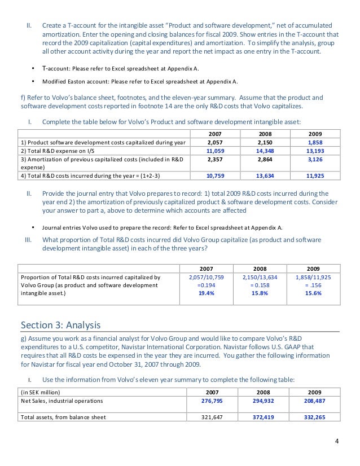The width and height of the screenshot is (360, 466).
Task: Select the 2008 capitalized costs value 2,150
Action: pos(265,143)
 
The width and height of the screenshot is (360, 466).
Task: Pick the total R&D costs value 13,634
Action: pos(265,175)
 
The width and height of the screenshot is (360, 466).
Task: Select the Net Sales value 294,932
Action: pos(265,401)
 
